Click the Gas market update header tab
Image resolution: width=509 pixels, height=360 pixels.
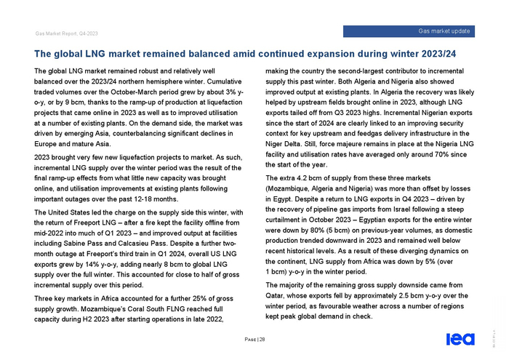pos(444,31)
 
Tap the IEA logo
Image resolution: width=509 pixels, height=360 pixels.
pos(460,338)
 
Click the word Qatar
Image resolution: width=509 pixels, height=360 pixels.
pos(278,296)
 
